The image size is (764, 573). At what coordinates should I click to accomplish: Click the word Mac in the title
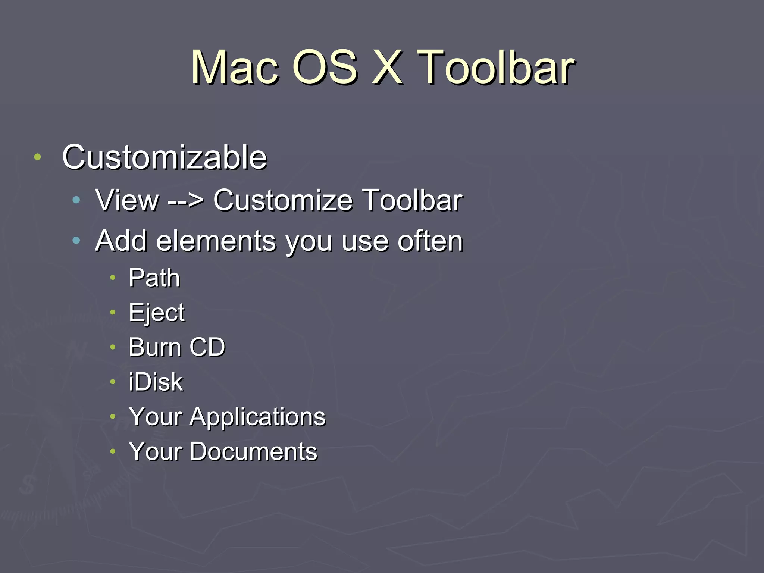[235, 68]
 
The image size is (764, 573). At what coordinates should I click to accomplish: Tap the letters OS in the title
[325, 68]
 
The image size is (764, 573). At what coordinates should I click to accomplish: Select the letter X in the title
[388, 68]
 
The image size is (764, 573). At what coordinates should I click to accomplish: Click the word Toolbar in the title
[496, 68]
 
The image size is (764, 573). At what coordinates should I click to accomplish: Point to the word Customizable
[165, 157]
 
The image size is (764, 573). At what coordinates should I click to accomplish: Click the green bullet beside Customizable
[37, 157]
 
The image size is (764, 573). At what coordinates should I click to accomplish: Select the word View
[127, 200]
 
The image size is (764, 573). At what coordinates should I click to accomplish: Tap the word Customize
[283, 200]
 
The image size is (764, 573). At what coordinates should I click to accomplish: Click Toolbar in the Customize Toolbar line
[413, 200]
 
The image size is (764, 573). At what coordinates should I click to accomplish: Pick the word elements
[216, 241]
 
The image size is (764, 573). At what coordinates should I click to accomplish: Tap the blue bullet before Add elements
[76, 241]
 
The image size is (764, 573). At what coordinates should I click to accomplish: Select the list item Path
[154, 278]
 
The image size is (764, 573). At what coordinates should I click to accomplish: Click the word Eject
[157, 313]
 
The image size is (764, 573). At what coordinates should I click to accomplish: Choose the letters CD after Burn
[207, 347]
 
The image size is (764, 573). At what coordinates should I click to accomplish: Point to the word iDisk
[156, 382]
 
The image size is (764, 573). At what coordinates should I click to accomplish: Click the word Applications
[257, 417]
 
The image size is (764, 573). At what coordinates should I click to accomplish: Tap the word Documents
[253, 451]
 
